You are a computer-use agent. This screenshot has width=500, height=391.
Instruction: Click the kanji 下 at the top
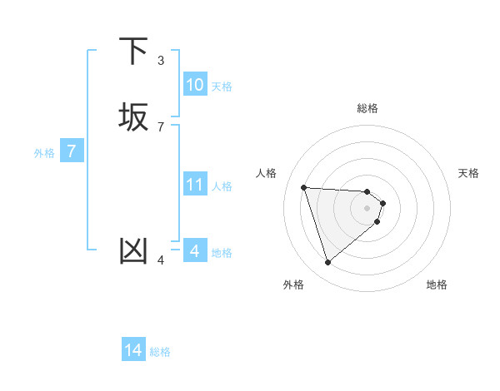(x=135, y=51)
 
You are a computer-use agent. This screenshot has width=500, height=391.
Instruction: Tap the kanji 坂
(x=135, y=116)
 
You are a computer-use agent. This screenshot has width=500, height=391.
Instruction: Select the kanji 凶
(x=135, y=250)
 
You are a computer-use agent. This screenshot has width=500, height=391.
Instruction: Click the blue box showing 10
(x=195, y=85)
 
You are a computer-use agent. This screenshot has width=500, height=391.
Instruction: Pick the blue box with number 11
(x=195, y=185)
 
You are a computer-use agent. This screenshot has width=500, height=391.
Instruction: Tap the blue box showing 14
(x=133, y=351)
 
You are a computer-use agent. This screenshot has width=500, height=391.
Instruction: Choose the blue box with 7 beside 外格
(x=72, y=152)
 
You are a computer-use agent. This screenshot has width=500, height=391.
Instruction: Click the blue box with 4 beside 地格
(x=195, y=250)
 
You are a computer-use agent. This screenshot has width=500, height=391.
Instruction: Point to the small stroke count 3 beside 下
(x=161, y=60)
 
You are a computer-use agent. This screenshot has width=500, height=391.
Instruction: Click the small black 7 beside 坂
(x=161, y=126)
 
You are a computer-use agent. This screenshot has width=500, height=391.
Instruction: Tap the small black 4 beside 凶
(x=161, y=260)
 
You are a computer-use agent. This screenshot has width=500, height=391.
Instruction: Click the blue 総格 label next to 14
(x=160, y=352)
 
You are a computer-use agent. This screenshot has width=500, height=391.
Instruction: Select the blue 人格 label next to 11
(x=222, y=186)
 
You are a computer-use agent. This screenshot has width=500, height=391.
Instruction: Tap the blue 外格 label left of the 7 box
(x=44, y=153)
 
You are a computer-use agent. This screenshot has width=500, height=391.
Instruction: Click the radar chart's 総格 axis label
(x=367, y=108)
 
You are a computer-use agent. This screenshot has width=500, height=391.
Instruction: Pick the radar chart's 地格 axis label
(x=437, y=285)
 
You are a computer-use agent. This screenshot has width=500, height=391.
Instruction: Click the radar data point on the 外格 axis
(x=327, y=263)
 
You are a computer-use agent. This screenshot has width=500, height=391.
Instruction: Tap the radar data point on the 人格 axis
(x=304, y=187)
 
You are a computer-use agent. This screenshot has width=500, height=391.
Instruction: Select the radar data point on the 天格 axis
(x=382, y=203)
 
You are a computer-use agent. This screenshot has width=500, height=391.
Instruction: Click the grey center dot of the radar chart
(x=367, y=208)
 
